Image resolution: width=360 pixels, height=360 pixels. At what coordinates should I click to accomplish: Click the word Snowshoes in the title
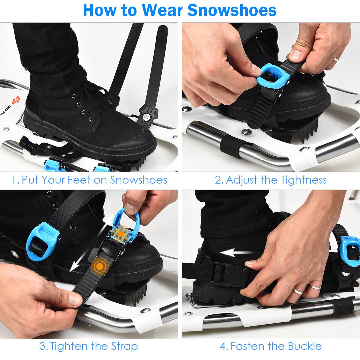[232, 10]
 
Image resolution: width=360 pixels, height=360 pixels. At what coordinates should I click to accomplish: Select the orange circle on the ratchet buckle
[121, 233]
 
